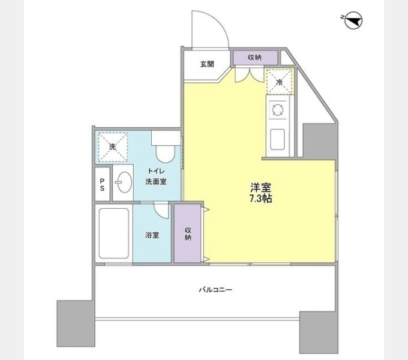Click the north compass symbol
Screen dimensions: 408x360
click(x=353, y=20)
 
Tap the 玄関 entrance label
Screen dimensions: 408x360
click(x=207, y=64)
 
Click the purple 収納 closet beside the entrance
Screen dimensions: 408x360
click(x=256, y=58)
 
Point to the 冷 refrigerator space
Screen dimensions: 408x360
click(x=280, y=82)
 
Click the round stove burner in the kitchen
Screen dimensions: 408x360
click(x=277, y=110)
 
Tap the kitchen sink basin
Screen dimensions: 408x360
click(x=277, y=139)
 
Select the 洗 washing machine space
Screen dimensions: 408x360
click(x=113, y=147)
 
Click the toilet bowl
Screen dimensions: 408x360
click(x=165, y=154)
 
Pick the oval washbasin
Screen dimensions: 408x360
click(x=124, y=182)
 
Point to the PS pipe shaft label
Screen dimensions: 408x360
click(x=102, y=184)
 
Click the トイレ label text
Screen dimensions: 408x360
click(x=156, y=171)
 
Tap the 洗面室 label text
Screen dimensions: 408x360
click(x=156, y=181)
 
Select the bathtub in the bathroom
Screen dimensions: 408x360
click(x=114, y=233)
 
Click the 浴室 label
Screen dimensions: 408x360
click(x=152, y=235)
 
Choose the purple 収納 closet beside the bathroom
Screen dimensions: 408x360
click(x=188, y=233)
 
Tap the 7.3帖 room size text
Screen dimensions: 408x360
click(x=261, y=199)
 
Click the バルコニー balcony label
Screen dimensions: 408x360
click(x=215, y=290)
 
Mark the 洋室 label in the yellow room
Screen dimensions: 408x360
click(x=260, y=188)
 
